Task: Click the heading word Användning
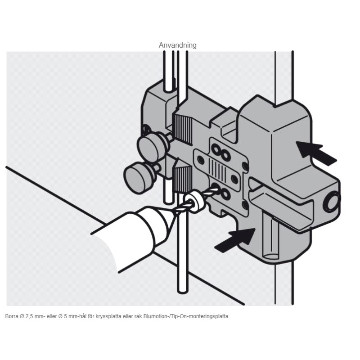pos(177,45)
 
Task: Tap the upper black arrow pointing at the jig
pos(316,153)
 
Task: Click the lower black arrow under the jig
pos(235,240)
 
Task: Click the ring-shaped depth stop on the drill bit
pos(194,202)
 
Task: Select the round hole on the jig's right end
pos(331,201)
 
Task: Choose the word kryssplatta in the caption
pos(108,317)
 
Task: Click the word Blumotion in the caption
pos(154,316)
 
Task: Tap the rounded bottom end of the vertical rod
pos(183,290)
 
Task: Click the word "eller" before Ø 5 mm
pos(51,316)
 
